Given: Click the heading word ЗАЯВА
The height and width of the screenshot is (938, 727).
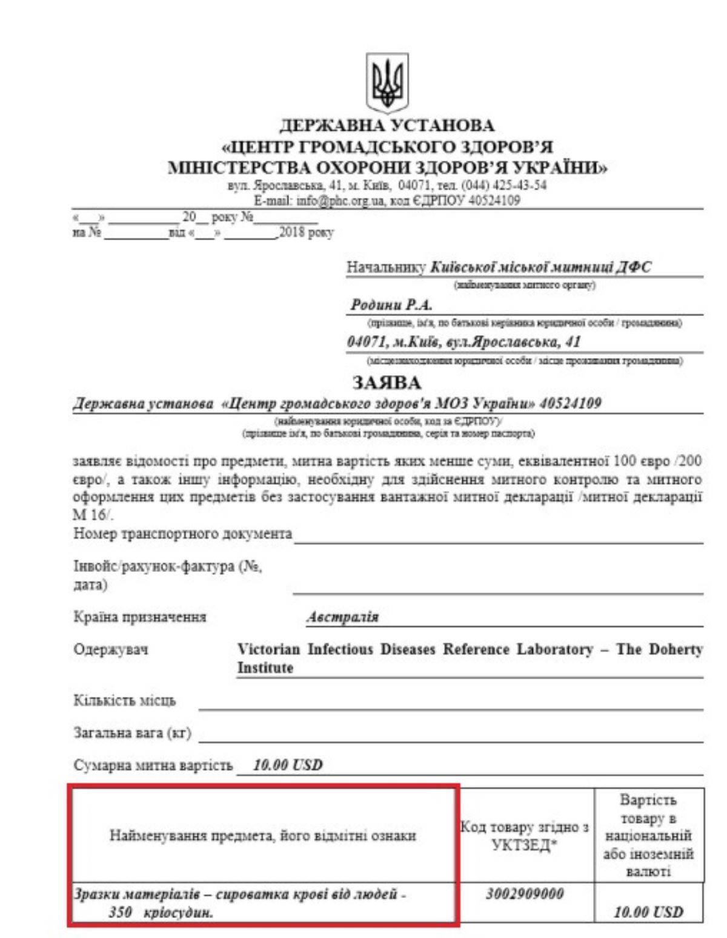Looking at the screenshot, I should coord(387,383).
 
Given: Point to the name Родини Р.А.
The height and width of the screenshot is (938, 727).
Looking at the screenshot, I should coord(391,305).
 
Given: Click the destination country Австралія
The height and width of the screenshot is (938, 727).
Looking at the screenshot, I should coord(342,617).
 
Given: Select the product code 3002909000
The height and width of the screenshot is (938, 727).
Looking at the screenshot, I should coord(525,894).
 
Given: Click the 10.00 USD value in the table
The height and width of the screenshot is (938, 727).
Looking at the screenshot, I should coord(648,912).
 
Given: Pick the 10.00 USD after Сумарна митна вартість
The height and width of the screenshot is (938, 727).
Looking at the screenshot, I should coord(288,765).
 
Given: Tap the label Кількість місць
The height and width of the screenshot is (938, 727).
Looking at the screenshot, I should coord(125,701).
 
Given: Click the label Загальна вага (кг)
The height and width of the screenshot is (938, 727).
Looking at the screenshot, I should coord(132,733).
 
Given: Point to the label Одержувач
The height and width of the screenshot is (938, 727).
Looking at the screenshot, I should coord(111,650).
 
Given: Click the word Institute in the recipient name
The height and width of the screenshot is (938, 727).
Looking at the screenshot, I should coord(265,668).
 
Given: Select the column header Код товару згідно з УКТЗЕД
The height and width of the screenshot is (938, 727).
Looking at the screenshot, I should coord(525,836).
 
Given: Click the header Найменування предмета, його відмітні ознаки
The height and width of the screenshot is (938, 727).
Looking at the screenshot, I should coord(262,836).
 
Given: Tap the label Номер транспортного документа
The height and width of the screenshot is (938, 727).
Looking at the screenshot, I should coord(182,534).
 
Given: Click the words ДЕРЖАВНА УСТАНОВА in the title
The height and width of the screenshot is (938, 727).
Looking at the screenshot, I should coord(387,126).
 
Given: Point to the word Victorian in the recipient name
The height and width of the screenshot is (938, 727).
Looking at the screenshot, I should coord(268,650).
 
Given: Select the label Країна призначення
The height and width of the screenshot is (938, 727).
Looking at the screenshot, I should coord(140,617).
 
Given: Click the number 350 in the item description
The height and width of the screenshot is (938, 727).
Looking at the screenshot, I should coord(121,912).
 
